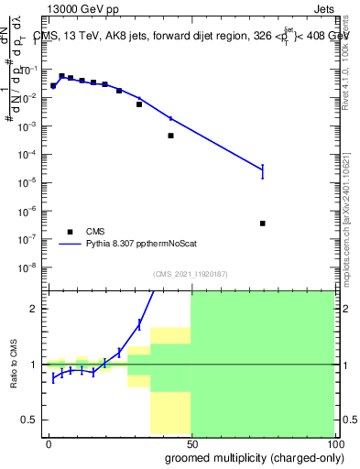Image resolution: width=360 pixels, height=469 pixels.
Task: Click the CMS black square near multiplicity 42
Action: click(x=171, y=136)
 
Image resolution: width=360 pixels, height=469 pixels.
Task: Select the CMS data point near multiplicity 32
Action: click(x=139, y=104)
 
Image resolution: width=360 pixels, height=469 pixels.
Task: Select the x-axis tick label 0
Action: click(x=49, y=443)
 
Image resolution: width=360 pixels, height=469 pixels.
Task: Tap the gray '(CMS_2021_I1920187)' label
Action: click(x=191, y=273)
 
